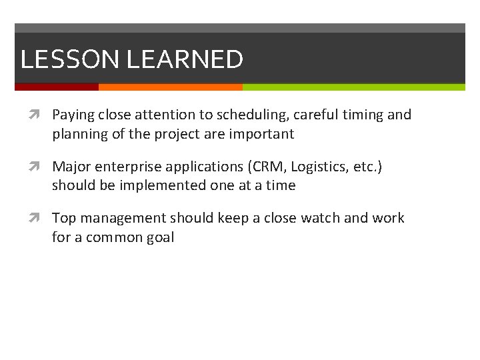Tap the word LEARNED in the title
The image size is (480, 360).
(x=185, y=59)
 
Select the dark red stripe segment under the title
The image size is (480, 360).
(x=57, y=87)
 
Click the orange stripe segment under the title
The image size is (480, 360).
(x=170, y=87)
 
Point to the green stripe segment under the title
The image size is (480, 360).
(x=353, y=87)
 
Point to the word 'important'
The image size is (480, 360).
(x=261, y=134)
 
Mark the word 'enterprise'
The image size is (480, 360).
(x=126, y=167)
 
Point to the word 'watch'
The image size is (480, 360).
(x=321, y=218)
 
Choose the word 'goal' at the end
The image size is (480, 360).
(x=159, y=237)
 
